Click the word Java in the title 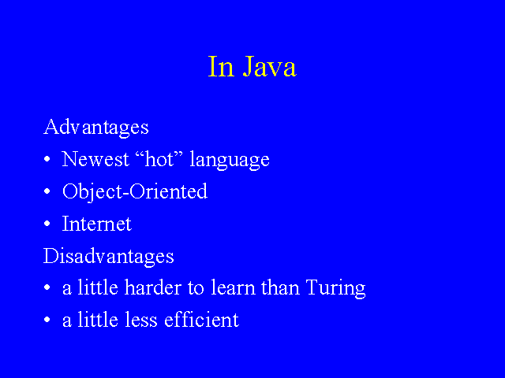pos(269,66)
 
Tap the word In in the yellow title pos(221,66)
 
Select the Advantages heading pos(96,128)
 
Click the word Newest pos(95,159)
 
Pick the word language pos(230,160)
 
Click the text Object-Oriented pos(135,192)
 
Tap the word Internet pos(96,224)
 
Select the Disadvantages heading pos(109,256)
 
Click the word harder pos(153,287)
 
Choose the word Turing pos(336,288)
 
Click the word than pos(280,287)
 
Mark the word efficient pos(202,320)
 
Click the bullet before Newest pos(47,159)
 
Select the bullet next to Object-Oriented pos(47,191)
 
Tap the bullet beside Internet pos(47,224)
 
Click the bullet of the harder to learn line pos(47,287)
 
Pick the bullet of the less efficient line pos(47,320)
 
